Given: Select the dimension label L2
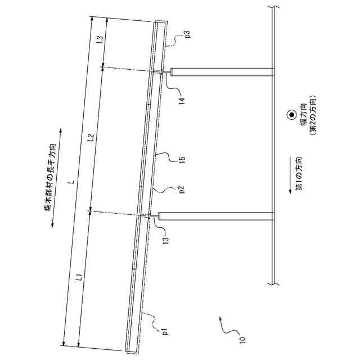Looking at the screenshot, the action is tap(91, 138).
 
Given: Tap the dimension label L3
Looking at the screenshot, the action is tap(100, 40).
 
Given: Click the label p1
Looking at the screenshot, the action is tap(165, 331).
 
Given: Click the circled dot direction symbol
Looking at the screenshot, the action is tap(291, 115).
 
